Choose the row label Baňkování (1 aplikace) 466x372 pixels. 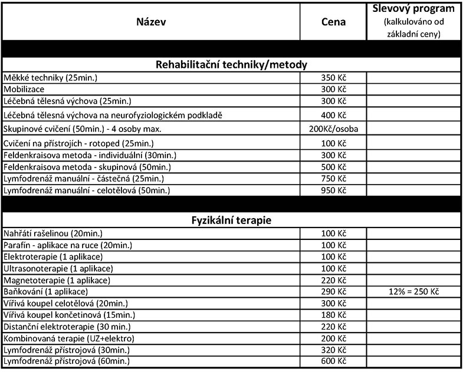click(x=46, y=292)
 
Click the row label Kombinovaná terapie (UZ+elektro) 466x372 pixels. click(x=70, y=338)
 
